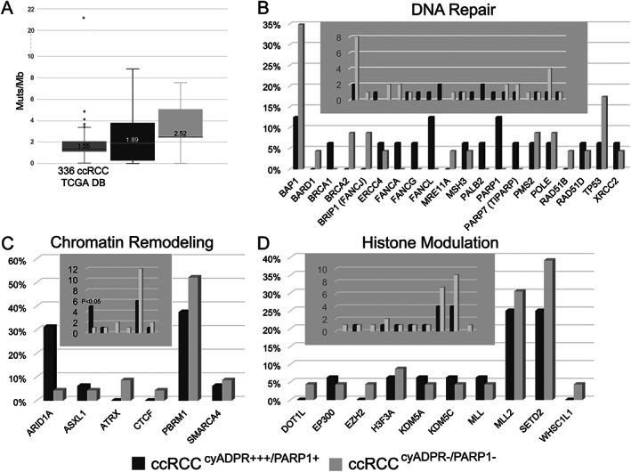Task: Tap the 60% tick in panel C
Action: [17, 260]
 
